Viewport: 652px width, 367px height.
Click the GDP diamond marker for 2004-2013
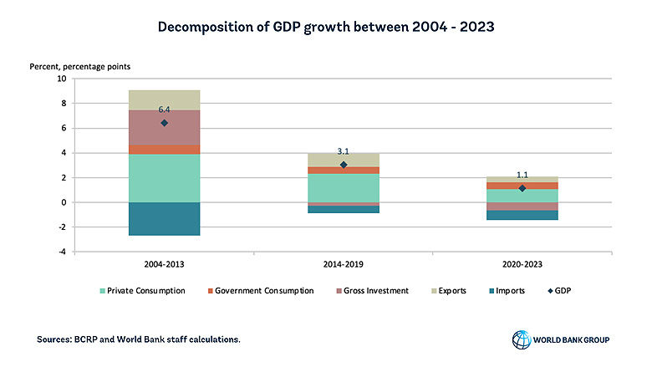click(164, 123)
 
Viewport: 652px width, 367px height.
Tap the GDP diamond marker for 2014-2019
click(344, 165)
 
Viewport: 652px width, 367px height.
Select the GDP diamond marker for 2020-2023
click(522, 188)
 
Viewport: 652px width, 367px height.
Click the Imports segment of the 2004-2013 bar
click(164, 218)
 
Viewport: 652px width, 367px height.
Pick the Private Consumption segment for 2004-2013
click(164, 178)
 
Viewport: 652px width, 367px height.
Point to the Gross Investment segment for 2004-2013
click(164, 128)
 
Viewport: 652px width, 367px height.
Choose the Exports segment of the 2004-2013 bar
click(164, 99)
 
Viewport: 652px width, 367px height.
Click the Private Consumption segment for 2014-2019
click(344, 187)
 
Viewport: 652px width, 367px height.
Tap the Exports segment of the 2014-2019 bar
click(344, 160)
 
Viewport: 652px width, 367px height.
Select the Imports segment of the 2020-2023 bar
click(522, 215)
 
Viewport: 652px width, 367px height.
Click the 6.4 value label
click(165, 110)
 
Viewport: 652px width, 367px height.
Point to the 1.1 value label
click(522, 175)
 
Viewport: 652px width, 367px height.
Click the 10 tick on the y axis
click(61, 79)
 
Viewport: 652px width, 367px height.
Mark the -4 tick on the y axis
click(61, 252)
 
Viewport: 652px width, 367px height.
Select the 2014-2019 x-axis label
click(344, 263)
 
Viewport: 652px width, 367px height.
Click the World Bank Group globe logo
click(521, 339)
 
